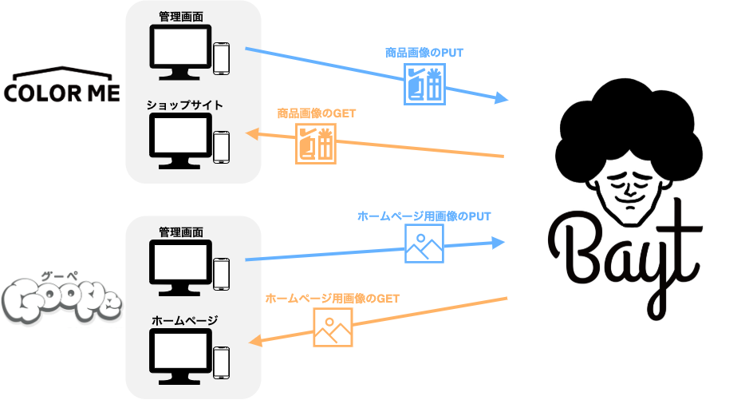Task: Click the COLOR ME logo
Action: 61,87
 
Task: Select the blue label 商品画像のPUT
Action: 424,52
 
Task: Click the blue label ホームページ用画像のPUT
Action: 424,216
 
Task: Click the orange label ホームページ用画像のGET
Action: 332,298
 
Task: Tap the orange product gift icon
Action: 316,144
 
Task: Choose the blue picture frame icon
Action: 424,244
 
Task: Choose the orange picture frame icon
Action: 333,327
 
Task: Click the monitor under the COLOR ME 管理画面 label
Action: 181,51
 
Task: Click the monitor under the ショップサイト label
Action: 181,141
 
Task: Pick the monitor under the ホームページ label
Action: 181,356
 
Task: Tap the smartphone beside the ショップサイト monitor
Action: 222,147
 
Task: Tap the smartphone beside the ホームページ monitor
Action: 222,362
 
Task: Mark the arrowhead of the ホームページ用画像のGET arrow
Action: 258,343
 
